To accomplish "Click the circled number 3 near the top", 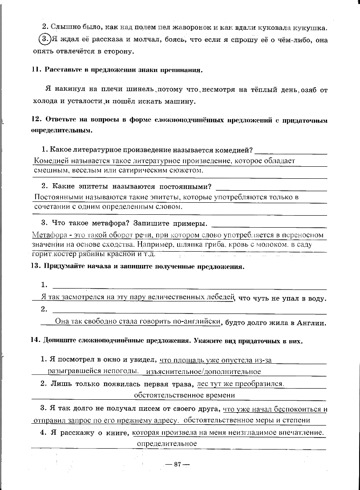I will (44, 40).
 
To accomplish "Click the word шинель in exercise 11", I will (136, 89).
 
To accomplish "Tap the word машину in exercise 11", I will (180, 101).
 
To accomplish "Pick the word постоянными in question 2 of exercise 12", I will (184, 186).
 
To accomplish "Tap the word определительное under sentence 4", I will (167, 443).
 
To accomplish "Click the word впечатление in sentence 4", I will (299, 432).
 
